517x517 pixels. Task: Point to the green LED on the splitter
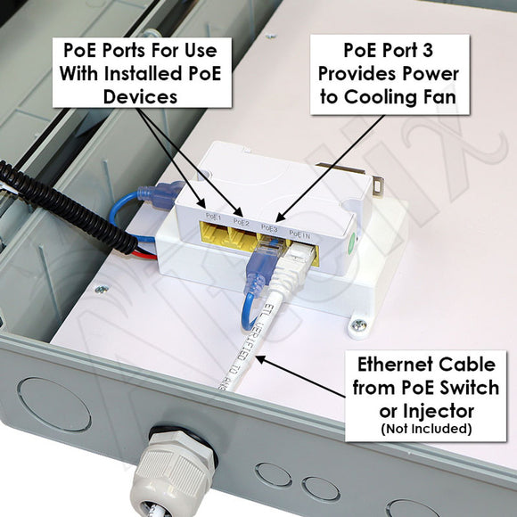[x=353, y=239]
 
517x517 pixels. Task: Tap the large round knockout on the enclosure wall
[x=53, y=404]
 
